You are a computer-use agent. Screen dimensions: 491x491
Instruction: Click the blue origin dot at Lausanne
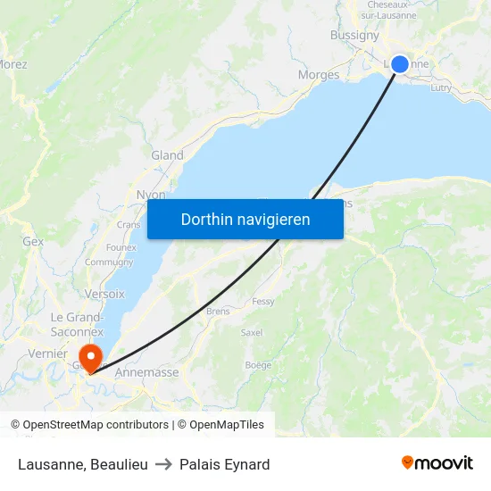coord(400,63)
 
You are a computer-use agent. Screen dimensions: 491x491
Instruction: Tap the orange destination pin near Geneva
coord(89,357)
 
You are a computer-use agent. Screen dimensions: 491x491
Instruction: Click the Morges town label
coord(319,75)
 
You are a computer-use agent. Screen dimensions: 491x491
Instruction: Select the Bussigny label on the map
coord(354,36)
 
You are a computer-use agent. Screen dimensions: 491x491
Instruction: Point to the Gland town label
coord(167,155)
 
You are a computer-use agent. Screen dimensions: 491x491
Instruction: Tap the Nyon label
coord(150,195)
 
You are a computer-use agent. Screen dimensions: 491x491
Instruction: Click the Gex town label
coord(33,241)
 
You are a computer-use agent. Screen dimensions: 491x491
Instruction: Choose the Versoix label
coord(104,294)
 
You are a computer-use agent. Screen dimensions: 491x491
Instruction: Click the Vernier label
coord(47,354)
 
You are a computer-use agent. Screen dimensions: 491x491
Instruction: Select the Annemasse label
coord(146,372)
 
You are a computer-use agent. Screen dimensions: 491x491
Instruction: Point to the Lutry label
coord(441,87)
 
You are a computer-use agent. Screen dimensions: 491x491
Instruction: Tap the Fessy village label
coord(263,302)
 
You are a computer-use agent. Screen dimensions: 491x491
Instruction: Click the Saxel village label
coord(252,332)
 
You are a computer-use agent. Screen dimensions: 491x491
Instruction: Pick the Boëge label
coord(258,364)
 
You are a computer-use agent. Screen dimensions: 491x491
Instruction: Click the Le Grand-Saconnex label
coord(77,324)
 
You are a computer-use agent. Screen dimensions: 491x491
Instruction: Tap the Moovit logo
coord(437,463)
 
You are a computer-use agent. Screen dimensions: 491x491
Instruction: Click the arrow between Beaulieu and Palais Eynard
coord(163,464)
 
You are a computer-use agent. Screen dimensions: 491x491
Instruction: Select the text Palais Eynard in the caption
coord(224,464)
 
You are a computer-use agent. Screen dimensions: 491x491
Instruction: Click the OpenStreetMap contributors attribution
coord(96,425)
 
